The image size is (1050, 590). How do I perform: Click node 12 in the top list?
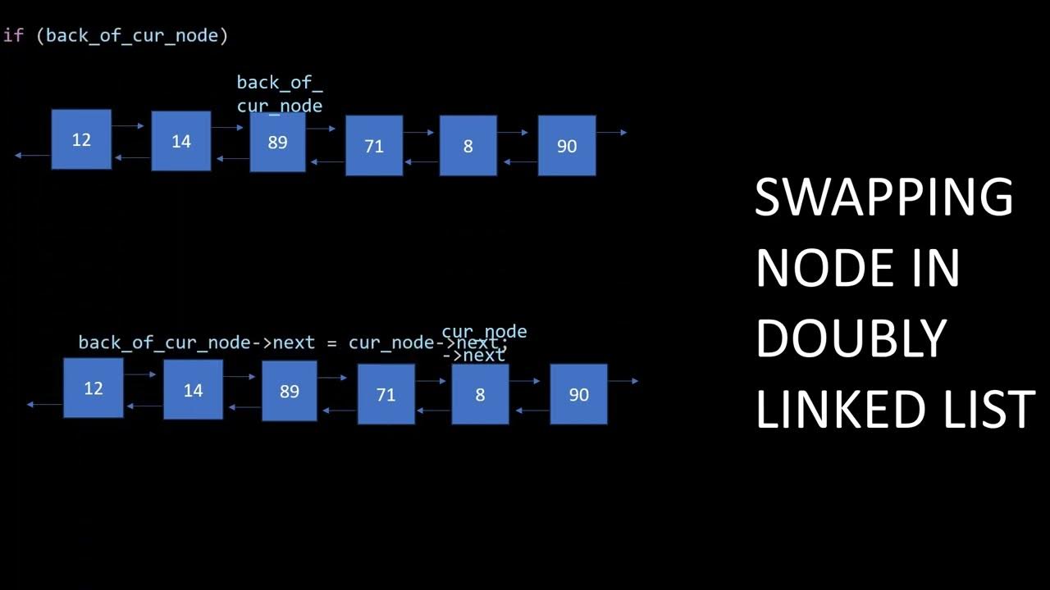[81, 139]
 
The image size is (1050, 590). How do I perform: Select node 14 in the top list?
[181, 141]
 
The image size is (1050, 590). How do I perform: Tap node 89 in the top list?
[277, 142]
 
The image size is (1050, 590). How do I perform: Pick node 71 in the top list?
[374, 146]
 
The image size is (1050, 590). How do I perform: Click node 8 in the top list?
[468, 146]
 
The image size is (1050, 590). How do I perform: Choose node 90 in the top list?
[567, 146]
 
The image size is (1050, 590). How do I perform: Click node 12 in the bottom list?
[94, 388]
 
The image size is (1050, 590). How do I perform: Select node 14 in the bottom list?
[193, 390]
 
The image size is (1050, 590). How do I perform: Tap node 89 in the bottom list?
[290, 391]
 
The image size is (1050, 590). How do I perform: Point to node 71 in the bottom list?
[386, 394]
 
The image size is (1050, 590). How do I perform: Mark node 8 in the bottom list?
[480, 394]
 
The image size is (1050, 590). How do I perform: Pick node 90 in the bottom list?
[578, 394]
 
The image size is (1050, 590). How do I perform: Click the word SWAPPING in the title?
[883, 197]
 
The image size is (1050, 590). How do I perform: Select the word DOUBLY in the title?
[851, 338]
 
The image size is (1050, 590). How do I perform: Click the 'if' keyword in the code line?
[14, 35]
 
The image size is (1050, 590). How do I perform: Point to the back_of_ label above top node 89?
[280, 82]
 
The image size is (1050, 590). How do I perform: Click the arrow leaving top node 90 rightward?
[612, 132]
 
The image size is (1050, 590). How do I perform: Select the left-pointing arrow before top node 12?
[32, 155]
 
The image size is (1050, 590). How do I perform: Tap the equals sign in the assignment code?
[331, 343]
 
